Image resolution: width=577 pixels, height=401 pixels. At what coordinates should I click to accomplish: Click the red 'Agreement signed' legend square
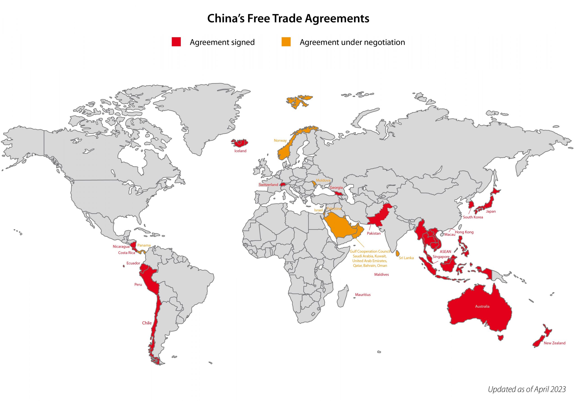coord(176,42)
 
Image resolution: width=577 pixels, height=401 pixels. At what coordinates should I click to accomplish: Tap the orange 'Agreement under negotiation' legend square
coord(286,42)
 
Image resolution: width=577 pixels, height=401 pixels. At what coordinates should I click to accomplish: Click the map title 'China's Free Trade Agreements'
coord(288,18)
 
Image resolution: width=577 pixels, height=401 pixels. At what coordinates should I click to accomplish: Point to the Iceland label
coord(240,151)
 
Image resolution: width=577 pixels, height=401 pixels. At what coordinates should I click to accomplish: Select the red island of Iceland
coord(239,143)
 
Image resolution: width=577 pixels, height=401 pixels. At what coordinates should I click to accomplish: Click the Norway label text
coord(280,140)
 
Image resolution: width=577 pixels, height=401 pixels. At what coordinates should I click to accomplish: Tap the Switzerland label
coord(268,185)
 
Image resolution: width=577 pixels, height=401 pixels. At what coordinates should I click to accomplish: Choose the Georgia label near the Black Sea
coord(336,188)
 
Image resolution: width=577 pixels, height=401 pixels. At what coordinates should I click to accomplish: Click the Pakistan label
coord(373,234)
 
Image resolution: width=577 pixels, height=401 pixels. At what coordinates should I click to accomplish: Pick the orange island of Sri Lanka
coord(398,253)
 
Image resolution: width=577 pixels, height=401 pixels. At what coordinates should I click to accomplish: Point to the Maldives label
coord(381,275)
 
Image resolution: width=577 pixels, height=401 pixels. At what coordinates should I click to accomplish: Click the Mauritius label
coord(362,295)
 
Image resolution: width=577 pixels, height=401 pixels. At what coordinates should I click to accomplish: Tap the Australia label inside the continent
coord(482,306)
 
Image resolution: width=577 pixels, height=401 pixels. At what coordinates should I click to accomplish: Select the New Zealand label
coord(554,343)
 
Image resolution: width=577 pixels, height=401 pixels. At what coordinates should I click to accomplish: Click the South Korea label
coord(473,217)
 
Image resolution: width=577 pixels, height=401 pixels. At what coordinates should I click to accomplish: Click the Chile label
coord(147,323)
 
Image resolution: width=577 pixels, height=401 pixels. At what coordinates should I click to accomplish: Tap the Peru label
coord(138,284)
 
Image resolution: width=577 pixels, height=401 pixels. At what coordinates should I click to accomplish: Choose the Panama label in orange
coord(144,245)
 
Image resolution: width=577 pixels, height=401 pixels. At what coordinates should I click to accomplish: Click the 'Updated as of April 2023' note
coord(527,389)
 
